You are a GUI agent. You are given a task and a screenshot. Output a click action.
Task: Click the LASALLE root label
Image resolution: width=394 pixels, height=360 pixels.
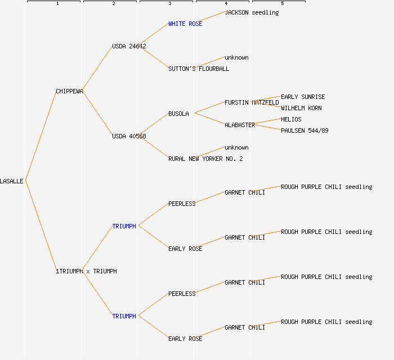12,181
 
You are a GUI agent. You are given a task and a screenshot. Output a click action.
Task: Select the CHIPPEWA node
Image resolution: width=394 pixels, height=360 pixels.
69,91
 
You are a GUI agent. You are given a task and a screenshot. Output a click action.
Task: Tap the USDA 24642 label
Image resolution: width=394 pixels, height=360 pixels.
129,46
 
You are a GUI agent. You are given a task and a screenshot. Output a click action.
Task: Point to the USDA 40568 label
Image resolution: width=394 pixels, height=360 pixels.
129,136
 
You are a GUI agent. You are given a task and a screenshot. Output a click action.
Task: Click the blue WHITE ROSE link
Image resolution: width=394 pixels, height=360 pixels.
185,24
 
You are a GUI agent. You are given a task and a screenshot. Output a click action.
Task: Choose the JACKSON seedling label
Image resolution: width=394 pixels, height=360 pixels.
252,12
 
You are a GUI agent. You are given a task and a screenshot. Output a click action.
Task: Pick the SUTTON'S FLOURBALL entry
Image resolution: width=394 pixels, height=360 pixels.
199,69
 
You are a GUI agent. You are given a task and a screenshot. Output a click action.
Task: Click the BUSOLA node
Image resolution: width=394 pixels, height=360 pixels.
178,114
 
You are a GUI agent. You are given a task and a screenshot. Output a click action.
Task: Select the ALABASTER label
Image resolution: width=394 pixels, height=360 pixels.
240,125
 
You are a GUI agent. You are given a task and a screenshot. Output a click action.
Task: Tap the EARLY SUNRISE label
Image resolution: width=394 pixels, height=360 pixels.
303,97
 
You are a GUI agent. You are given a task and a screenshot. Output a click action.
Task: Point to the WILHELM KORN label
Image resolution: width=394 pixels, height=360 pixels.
301,108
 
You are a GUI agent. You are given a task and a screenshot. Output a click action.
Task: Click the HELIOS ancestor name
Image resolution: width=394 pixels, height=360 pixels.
291,119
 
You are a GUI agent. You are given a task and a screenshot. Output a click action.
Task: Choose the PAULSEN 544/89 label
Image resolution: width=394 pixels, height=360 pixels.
305,130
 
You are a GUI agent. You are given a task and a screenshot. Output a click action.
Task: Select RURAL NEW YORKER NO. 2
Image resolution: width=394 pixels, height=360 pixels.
205,159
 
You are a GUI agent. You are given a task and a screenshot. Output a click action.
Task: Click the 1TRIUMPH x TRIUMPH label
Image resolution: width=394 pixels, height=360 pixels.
86,271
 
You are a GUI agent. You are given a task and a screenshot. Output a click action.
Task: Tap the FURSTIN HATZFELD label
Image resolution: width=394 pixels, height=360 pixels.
252,102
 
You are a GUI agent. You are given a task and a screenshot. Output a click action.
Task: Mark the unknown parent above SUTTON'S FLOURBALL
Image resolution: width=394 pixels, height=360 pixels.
236,57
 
